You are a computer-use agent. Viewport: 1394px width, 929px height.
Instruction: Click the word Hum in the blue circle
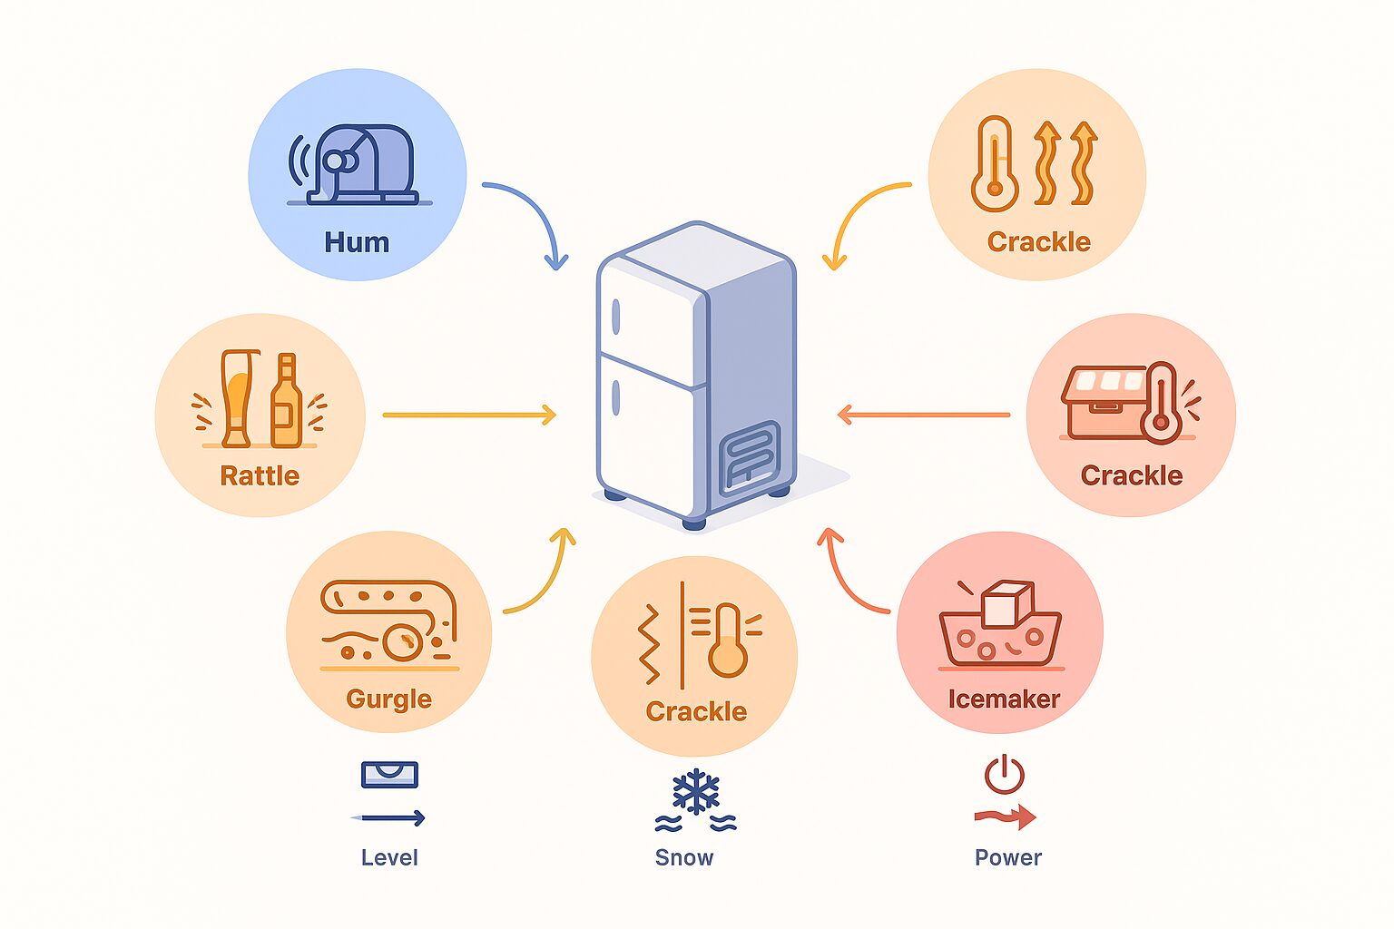pos(357,242)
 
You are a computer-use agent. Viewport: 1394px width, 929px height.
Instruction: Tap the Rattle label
pos(260,475)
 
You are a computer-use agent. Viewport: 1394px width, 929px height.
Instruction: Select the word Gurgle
pos(388,699)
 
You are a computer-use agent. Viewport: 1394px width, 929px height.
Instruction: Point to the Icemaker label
pos(1004,699)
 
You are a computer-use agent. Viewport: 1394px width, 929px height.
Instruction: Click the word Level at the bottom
pos(389,857)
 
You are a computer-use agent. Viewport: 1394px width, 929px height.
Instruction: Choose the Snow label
pos(684,857)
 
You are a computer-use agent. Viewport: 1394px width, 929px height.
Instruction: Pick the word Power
pos(1008,857)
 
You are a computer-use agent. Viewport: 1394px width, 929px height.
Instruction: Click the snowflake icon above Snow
pos(696,792)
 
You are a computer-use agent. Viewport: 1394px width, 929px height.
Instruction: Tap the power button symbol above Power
pos(1005,775)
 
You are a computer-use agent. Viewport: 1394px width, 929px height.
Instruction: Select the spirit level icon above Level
pos(389,774)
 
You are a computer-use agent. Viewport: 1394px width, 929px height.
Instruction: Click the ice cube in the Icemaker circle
pos(1007,603)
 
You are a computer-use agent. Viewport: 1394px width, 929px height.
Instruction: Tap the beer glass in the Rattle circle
pos(238,399)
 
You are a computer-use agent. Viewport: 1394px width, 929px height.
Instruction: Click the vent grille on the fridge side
pos(749,457)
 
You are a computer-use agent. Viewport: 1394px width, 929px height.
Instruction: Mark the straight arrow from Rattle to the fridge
pos(468,416)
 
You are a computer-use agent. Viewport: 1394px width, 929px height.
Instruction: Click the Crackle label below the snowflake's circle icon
pos(696,711)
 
